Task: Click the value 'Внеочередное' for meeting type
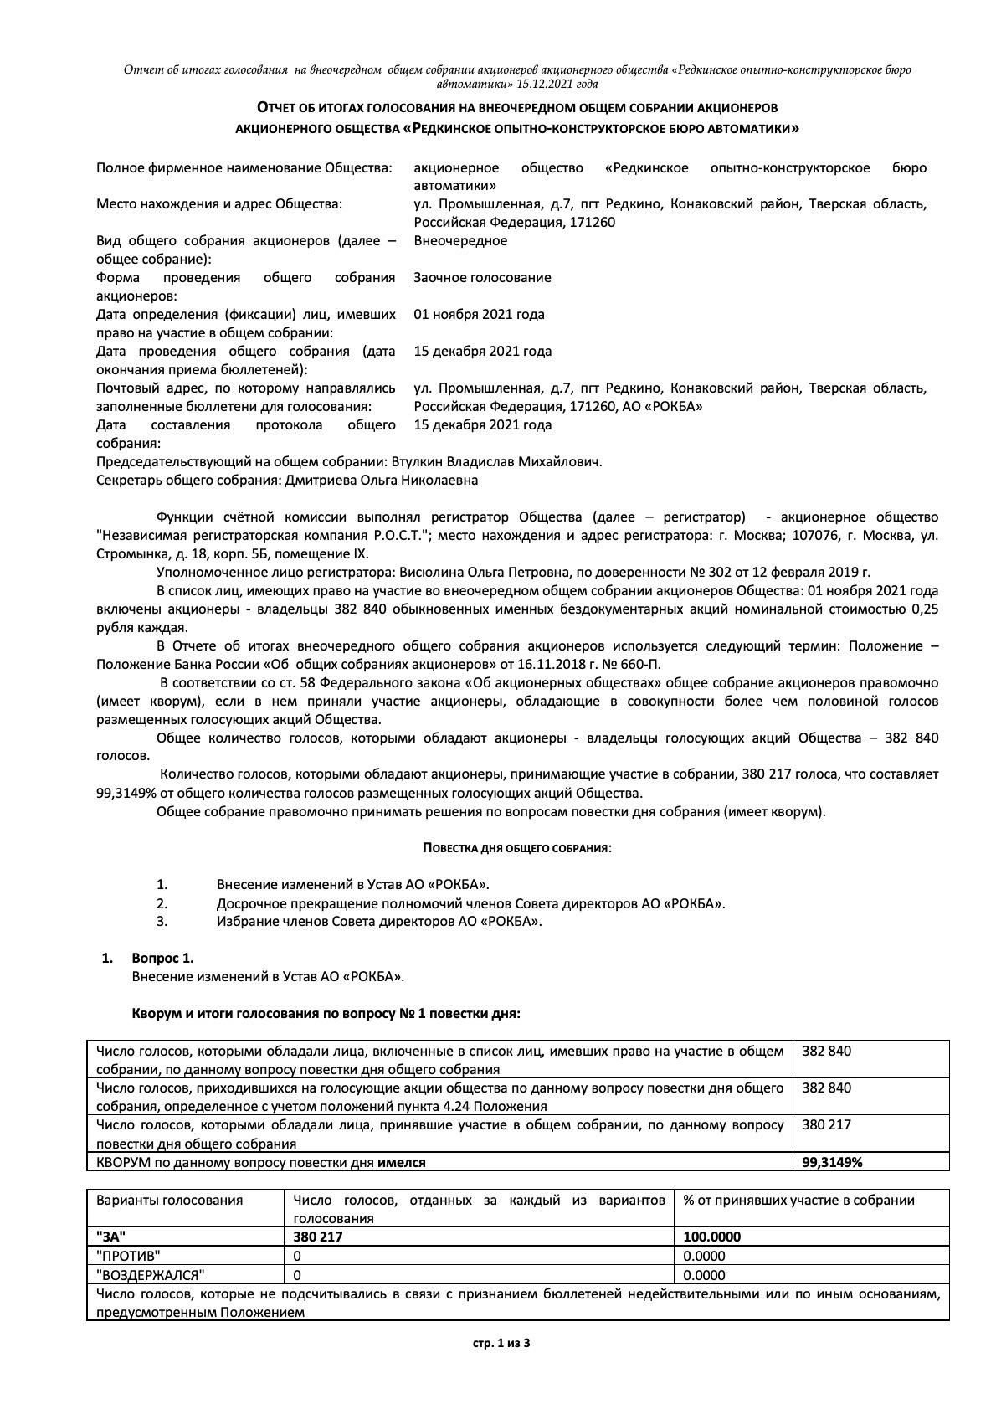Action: point(460,241)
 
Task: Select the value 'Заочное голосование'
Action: point(482,278)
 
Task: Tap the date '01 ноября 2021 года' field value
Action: point(479,315)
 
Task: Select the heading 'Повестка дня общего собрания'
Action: point(516,848)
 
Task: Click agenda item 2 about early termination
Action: point(470,903)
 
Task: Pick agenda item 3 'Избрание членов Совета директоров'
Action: point(379,922)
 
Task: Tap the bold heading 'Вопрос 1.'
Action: point(162,959)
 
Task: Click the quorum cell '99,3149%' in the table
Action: point(832,1162)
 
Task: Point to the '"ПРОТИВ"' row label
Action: point(129,1256)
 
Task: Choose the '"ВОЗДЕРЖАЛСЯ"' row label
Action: point(151,1275)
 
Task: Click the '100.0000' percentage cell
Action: point(712,1237)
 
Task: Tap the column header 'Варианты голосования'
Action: point(169,1201)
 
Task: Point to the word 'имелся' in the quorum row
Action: point(402,1162)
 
